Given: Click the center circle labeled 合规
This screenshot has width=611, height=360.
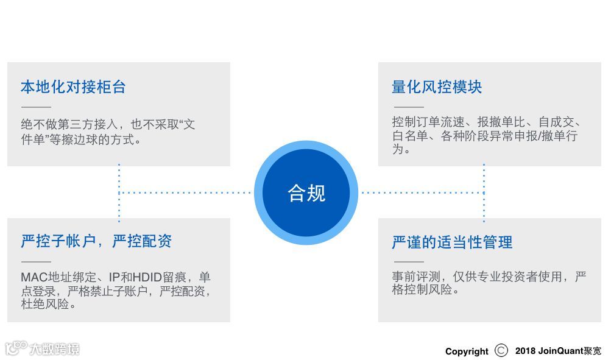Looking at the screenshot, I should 306,193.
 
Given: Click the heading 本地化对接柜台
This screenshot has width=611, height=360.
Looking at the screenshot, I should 73,87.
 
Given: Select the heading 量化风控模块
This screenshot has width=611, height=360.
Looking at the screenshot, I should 437,87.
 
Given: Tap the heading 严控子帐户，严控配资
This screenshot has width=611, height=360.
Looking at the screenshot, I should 96,241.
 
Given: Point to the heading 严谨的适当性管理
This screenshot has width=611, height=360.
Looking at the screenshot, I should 452,242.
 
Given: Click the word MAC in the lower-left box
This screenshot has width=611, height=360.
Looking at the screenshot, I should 33,278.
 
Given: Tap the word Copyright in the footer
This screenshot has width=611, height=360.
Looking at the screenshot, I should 467,351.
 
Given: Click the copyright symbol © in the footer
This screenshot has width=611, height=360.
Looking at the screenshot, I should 501,351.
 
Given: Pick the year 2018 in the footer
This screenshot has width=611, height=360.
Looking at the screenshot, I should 525,351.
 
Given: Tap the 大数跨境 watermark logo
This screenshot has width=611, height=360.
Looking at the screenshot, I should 43,348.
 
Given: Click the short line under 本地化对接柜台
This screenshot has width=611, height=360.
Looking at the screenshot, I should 36,107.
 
